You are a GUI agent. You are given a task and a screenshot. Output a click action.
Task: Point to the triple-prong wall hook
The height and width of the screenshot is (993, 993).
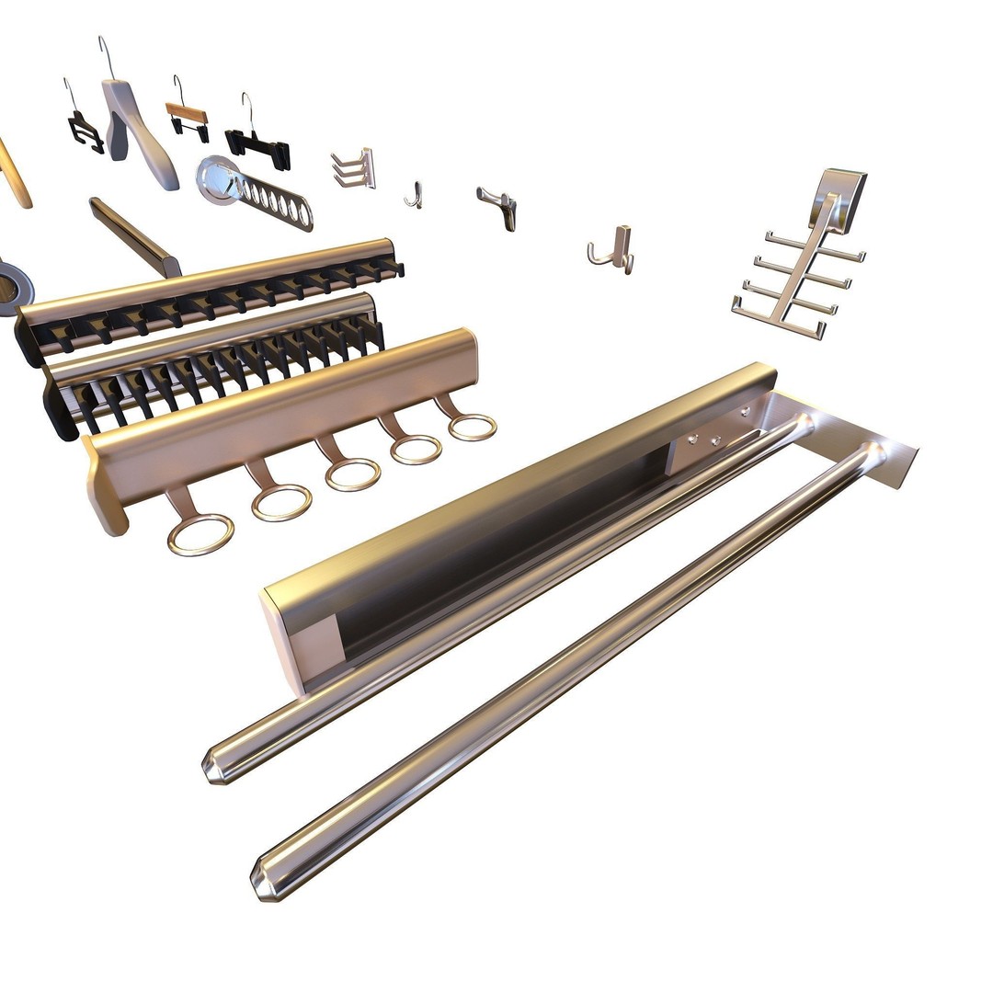click(355, 169)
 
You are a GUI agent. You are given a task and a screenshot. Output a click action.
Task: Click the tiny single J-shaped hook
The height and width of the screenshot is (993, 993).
click(415, 195)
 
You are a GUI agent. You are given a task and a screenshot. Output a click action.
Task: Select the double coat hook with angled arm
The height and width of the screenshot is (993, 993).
click(499, 205)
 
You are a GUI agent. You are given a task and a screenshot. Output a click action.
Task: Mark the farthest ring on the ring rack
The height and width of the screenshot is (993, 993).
click(473, 426)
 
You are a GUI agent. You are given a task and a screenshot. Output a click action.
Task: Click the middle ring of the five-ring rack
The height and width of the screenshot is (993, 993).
click(352, 474)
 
